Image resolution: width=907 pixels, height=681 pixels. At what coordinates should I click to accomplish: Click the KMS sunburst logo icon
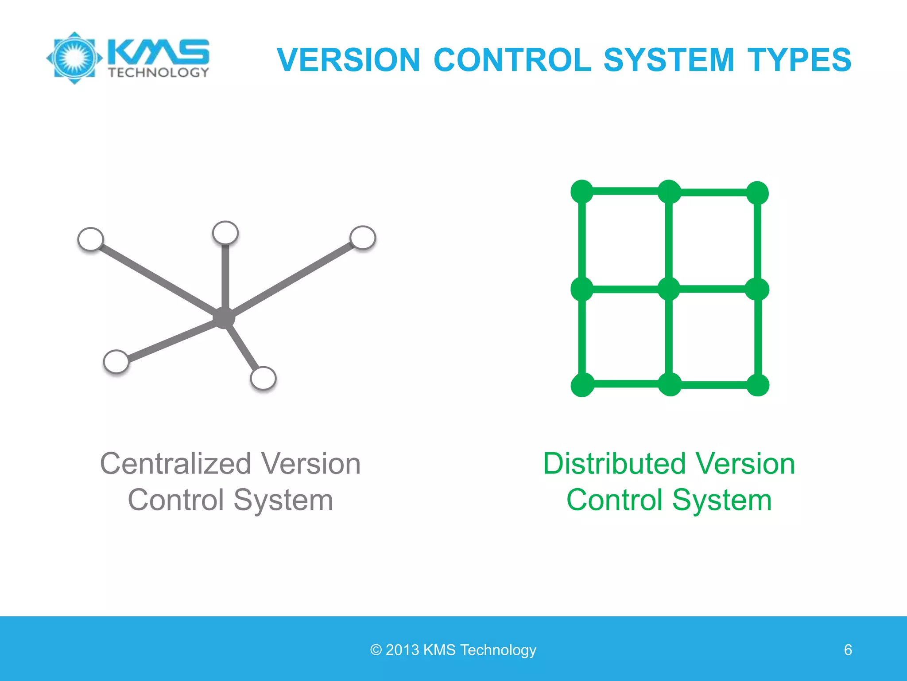(x=74, y=58)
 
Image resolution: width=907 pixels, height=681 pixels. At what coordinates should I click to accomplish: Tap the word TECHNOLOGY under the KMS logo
(x=158, y=73)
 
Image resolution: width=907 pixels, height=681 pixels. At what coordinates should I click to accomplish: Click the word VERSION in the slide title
(x=349, y=60)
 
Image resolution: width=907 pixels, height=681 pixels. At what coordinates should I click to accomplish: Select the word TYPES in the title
(x=799, y=60)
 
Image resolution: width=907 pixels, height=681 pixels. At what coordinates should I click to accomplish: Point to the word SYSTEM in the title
(x=669, y=60)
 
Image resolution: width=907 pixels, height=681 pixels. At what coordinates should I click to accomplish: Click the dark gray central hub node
(x=224, y=317)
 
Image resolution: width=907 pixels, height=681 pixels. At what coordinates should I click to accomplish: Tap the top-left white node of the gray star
(x=91, y=239)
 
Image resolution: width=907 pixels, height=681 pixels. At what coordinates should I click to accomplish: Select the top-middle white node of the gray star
(x=225, y=232)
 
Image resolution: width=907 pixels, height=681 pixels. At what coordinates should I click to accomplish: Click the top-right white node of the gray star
(x=363, y=237)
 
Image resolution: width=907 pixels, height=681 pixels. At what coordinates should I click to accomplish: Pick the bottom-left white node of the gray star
(x=116, y=361)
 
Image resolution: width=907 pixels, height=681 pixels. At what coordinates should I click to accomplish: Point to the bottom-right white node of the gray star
(x=263, y=378)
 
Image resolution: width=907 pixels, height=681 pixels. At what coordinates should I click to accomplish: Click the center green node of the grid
(x=669, y=289)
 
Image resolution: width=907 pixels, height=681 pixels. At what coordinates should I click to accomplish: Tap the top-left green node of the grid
(x=582, y=192)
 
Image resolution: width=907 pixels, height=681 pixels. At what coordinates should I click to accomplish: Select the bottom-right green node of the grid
(x=758, y=385)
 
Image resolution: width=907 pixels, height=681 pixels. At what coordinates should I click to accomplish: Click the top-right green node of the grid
(x=757, y=193)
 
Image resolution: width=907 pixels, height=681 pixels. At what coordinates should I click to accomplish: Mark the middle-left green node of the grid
(x=582, y=289)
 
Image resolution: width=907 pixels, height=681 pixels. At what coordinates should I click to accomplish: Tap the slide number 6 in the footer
(x=848, y=650)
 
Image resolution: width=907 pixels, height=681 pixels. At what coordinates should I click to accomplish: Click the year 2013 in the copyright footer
(x=402, y=650)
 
